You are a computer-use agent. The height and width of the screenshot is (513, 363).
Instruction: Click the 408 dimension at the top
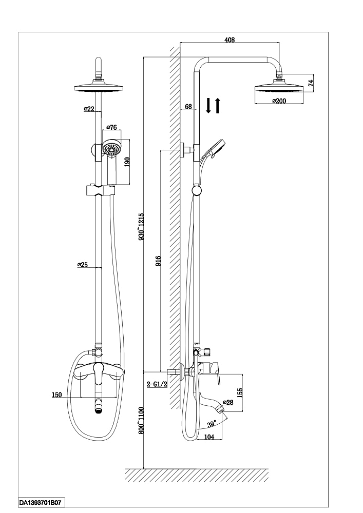click(230, 40)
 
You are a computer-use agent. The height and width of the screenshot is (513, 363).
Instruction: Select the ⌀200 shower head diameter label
click(279, 101)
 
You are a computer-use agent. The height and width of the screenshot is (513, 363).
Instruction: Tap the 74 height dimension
click(311, 82)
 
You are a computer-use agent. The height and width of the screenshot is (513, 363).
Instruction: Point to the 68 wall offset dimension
click(188, 106)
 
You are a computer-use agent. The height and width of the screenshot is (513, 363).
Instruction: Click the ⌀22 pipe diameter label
click(89, 109)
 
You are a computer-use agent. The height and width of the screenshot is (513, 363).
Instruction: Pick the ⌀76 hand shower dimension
click(111, 127)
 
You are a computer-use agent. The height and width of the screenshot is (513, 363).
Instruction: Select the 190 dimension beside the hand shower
click(127, 162)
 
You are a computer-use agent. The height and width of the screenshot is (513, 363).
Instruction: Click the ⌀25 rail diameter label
click(82, 265)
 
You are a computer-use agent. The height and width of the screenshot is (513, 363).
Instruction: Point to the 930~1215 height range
click(141, 227)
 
